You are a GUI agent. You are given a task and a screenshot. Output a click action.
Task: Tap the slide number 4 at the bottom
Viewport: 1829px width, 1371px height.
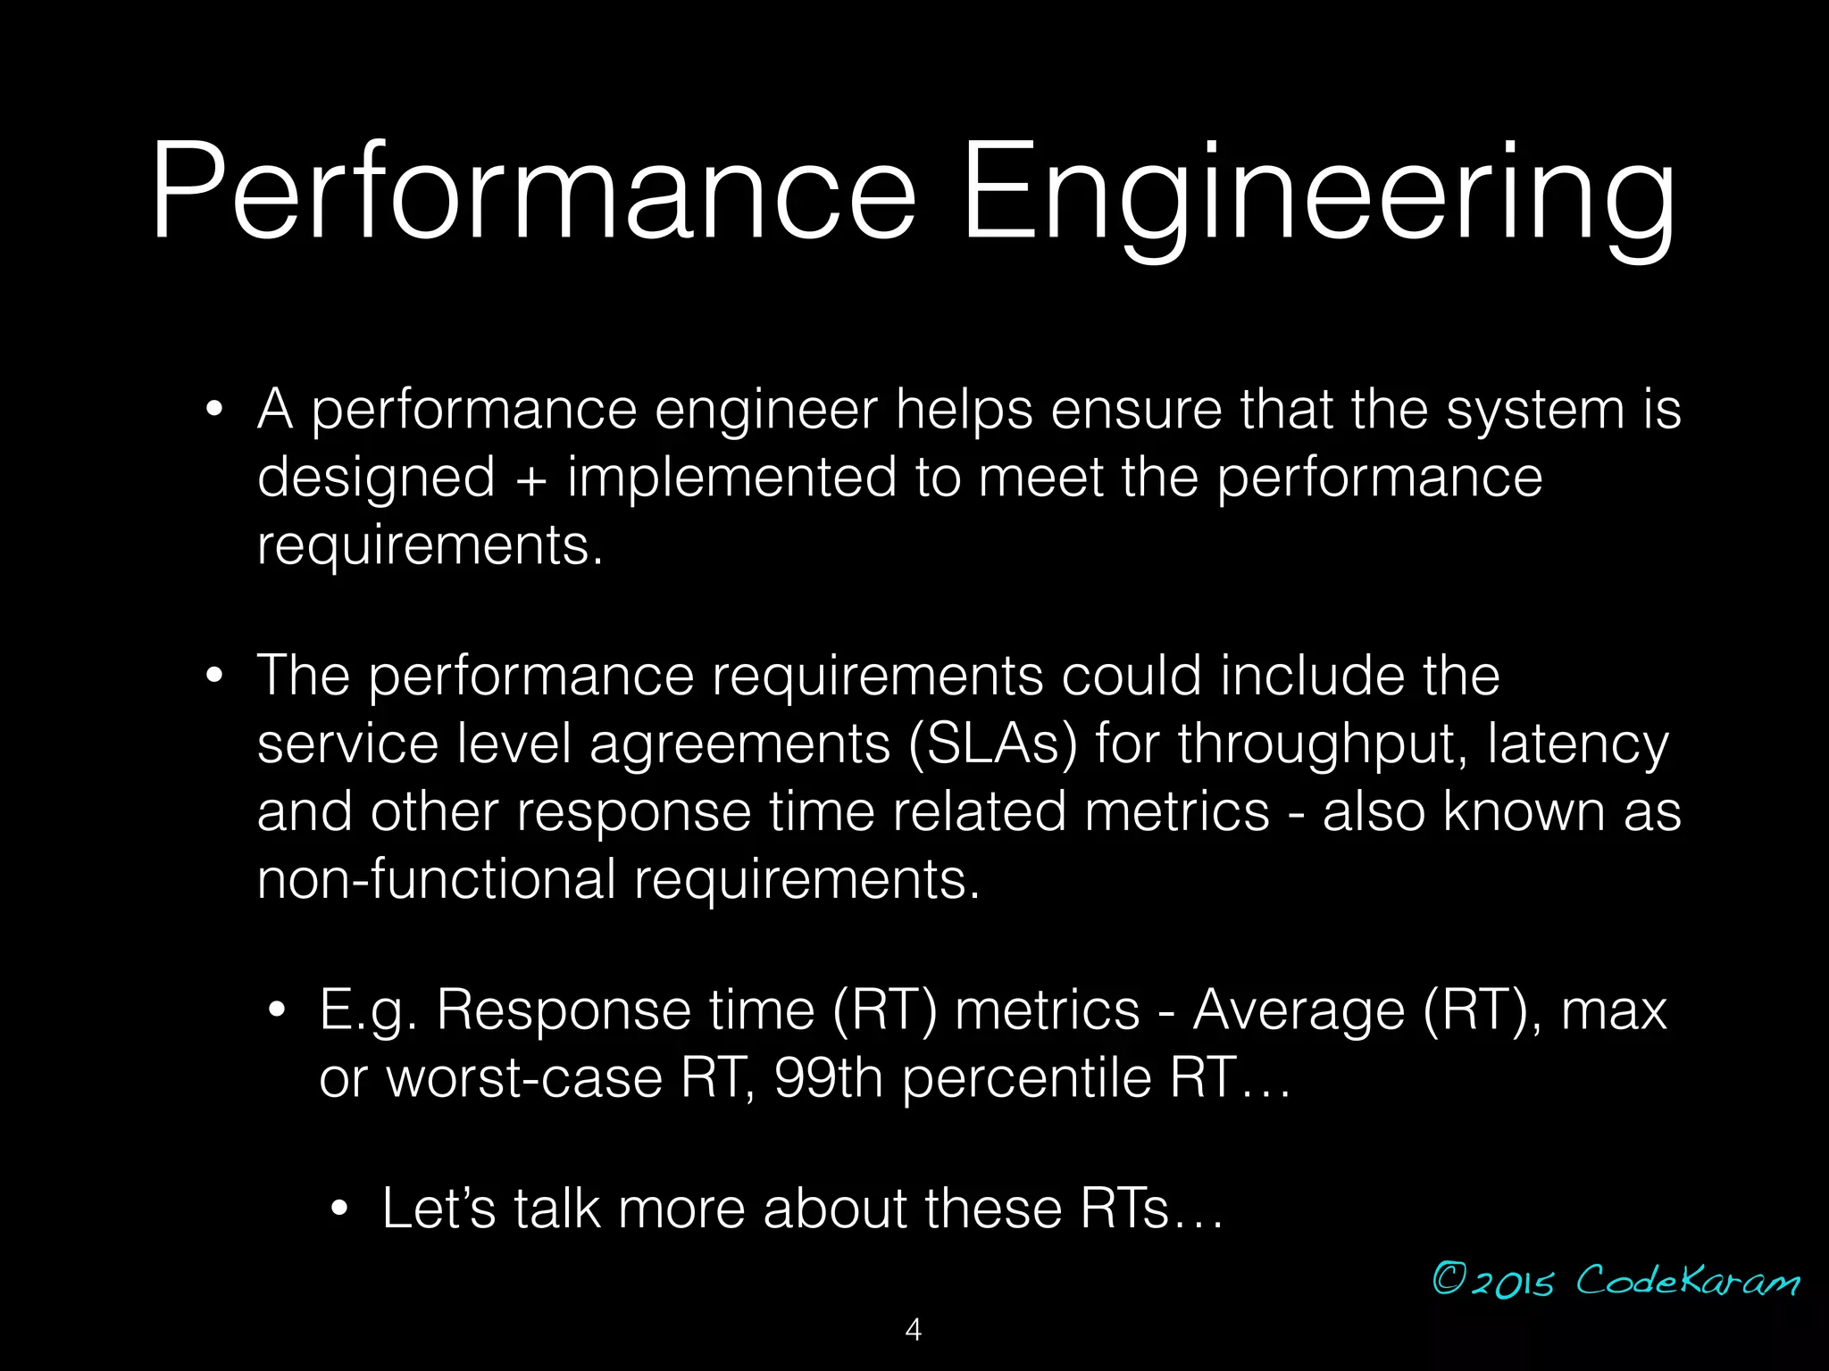913,1330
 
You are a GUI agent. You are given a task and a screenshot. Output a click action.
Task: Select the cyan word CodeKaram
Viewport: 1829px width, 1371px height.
1687,1281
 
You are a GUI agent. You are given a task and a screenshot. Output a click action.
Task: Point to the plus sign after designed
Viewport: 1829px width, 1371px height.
530,478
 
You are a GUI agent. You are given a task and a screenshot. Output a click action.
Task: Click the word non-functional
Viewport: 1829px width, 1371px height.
436,879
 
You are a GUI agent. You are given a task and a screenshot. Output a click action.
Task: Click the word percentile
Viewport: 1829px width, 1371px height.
1026,1078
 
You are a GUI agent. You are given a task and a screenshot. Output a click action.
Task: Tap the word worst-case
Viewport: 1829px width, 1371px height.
524,1078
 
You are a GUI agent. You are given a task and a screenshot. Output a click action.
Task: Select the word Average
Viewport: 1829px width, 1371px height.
1299,1012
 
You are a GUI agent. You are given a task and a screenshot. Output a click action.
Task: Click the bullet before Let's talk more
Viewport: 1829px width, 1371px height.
338,1210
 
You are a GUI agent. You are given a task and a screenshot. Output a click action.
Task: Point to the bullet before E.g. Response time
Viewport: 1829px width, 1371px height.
277,1011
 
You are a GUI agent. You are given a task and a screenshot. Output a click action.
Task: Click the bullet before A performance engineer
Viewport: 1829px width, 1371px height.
213,411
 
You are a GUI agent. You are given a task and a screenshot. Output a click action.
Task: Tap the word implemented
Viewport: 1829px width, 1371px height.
731,478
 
